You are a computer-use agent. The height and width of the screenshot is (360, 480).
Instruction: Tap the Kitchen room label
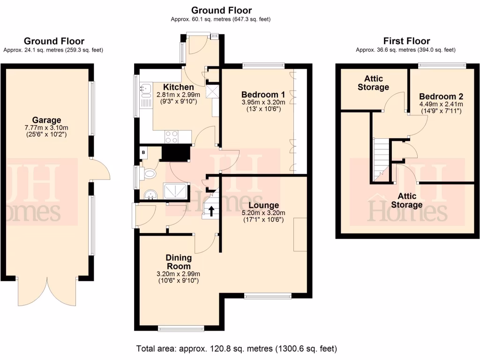(x=178, y=87)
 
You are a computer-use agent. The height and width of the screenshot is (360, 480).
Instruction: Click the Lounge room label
(x=263, y=205)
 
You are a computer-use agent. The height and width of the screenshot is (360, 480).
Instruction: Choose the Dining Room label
(x=178, y=262)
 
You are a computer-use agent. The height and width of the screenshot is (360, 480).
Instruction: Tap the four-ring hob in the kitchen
(x=172, y=136)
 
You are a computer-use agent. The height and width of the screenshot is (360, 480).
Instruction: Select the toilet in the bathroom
(x=150, y=174)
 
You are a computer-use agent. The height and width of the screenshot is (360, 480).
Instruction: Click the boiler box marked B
(x=143, y=152)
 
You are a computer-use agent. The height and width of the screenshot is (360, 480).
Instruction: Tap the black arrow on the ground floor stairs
(x=211, y=211)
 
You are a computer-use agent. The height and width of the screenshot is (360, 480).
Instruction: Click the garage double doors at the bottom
(x=47, y=291)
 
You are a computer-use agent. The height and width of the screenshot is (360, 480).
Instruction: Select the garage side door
(x=100, y=169)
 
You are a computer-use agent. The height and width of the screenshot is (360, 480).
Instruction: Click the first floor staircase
(x=381, y=159)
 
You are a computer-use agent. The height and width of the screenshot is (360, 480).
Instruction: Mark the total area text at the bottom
(x=236, y=349)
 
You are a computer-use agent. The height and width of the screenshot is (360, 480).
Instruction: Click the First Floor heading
(x=406, y=41)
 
